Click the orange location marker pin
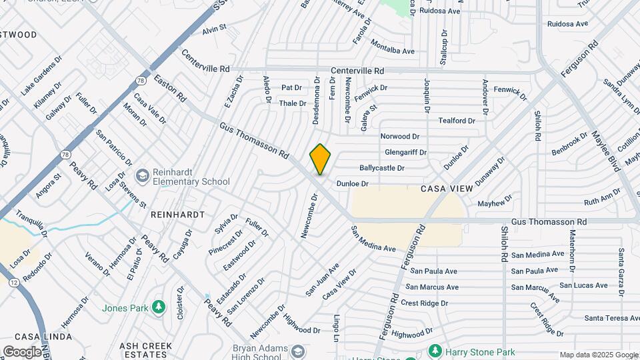click(321, 159)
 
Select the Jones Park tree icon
click(159, 307)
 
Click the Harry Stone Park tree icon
click(435, 350)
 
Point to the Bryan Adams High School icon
click(298, 351)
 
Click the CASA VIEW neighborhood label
click(447, 189)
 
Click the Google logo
click(22, 351)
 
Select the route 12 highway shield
click(14, 283)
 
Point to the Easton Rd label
click(170, 87)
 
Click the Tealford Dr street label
click(457, 121)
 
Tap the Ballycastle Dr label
click(382, 168)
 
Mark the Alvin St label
click(215, 29)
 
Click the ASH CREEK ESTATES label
click(147, 351)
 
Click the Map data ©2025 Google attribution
click(599, 355)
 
